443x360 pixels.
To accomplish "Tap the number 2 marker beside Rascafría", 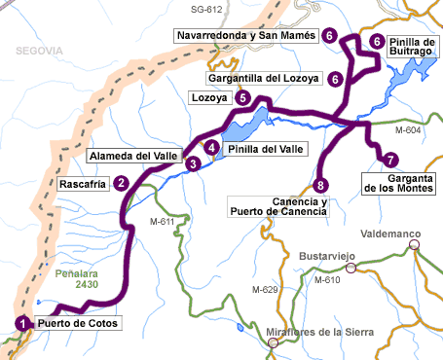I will (121, 182).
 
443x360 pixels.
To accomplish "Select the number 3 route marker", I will (194, 164).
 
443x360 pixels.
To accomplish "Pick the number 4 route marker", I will (211, 148).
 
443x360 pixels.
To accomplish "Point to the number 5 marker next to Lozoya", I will (242, 98).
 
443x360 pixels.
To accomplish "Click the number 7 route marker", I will (390, 160).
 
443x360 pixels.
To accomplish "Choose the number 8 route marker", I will (320, 185).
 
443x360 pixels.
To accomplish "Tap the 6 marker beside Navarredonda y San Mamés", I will (330, 36).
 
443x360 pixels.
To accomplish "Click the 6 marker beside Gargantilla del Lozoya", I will (335, 79).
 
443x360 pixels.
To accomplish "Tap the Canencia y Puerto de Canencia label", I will (277, 207).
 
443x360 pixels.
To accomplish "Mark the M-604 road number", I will (409, 129).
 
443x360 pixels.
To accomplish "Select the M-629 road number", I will (265, 290).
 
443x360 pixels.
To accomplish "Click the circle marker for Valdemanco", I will (415, 245).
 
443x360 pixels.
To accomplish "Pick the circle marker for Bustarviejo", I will (351, 267).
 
